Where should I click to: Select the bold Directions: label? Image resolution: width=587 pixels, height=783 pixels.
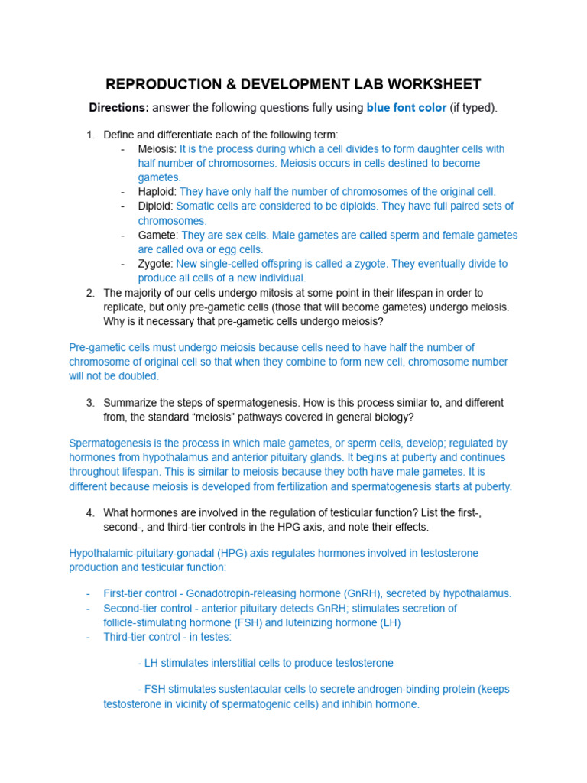(x=118, y=108)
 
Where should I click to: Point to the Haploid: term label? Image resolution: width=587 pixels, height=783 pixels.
(x=157, y=192)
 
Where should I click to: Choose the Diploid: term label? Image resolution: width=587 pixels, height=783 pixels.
(x=156, y=206)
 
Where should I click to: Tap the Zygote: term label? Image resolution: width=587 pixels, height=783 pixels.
(x=156, y=264)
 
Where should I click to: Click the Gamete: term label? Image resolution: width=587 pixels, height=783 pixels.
(x=158, y=235)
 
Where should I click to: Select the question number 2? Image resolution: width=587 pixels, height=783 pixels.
(x=89, y=293)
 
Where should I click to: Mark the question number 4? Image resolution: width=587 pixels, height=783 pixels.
(x=89, y=512)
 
